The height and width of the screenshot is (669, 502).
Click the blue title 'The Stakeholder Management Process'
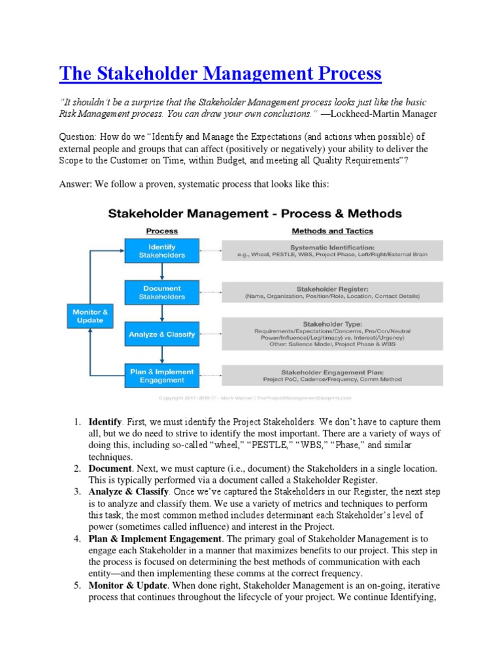220,73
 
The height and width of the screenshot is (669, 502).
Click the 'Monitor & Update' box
90,316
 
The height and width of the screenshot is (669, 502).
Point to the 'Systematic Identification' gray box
333,250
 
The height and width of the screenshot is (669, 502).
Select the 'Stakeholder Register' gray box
333,291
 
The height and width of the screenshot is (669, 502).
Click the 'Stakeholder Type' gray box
333,333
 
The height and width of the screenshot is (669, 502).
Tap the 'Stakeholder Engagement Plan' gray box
333,375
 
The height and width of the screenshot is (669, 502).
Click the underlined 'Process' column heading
161,231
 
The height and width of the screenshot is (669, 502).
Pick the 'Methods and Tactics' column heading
332,231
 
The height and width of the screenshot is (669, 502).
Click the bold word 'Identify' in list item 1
105,422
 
